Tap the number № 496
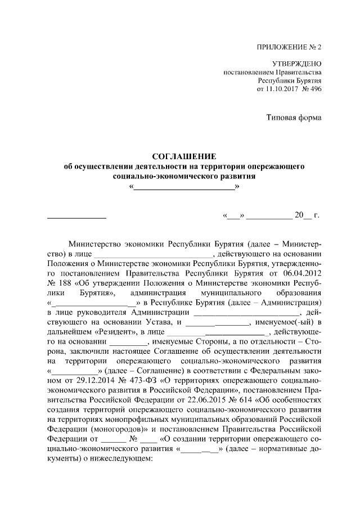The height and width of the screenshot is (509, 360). click(312, 89)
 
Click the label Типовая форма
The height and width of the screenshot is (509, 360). click(294, 117)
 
